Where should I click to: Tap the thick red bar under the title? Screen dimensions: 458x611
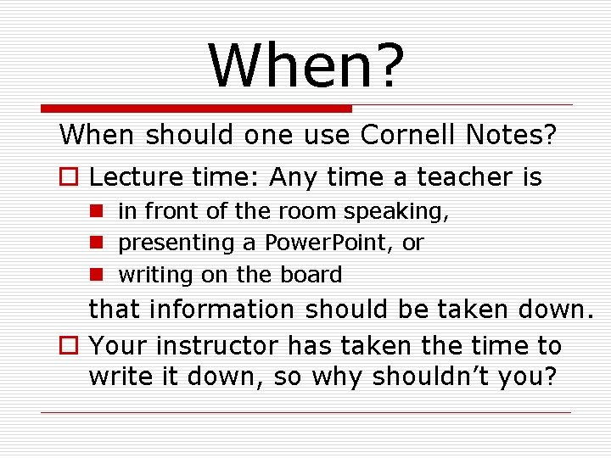click(x=197, y=109)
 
